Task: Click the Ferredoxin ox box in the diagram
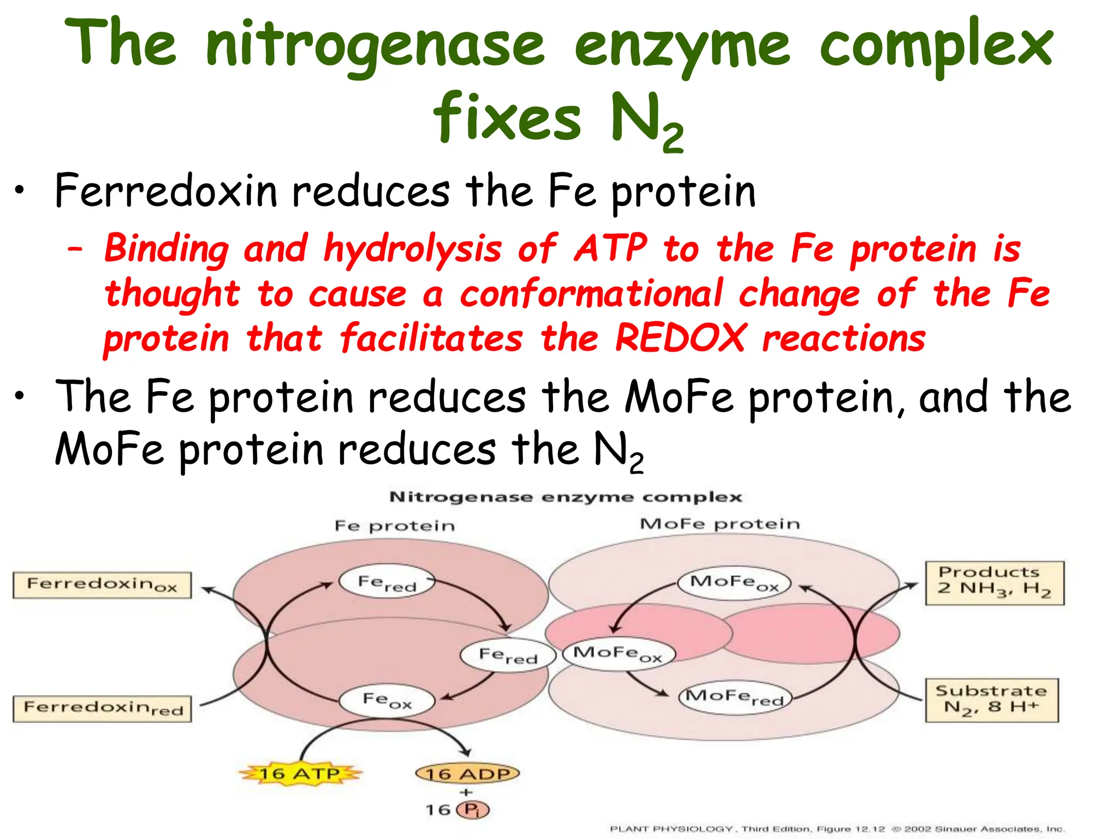102,585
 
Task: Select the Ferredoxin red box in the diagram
102,708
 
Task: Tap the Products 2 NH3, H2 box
994,583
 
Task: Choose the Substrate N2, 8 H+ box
991,700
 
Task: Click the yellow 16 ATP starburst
300,773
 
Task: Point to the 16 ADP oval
467,773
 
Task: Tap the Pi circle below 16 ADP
473,810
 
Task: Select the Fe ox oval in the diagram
387,700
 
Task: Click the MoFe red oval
735,697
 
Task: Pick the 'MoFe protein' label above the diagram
719,524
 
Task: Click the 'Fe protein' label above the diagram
394,525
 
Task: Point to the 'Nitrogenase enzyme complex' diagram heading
565,497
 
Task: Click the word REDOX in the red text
680,338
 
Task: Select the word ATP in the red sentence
610,249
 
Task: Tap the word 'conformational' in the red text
591,293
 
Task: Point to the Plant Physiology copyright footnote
836,829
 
